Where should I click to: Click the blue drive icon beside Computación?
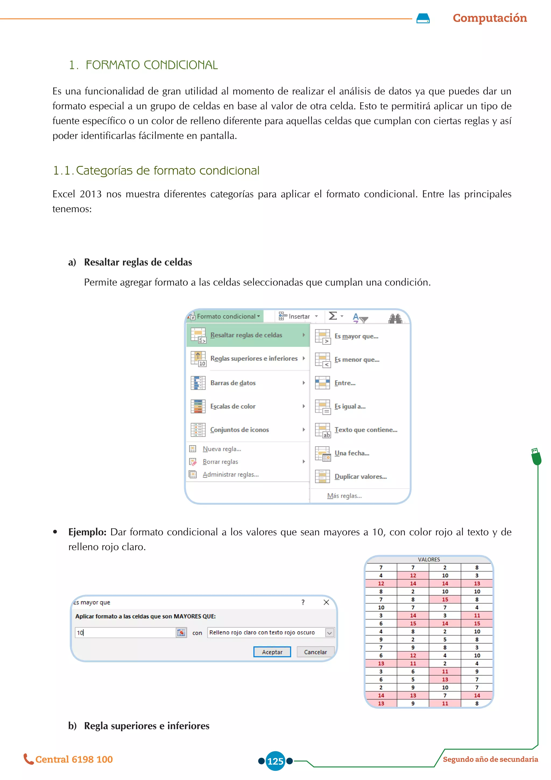[x=423, y=18]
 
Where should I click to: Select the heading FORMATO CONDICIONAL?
[x=151, y=65]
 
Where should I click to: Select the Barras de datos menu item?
[x=233, y=383]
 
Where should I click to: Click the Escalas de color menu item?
[x=233, y=406]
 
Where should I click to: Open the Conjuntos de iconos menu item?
[x=239, y=430]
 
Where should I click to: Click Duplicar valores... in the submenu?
[x=360, y=477]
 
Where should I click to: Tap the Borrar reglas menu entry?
[x=220, y=462]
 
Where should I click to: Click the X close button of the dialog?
[x=326, y=602]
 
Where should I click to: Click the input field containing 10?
[x=125, y=633]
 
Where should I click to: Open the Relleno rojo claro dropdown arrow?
[x=329, y=633]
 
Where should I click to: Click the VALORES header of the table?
[x=429, y=559]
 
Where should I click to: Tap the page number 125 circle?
[x=275, y=761]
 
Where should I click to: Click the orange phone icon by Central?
[x=29, y=759]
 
